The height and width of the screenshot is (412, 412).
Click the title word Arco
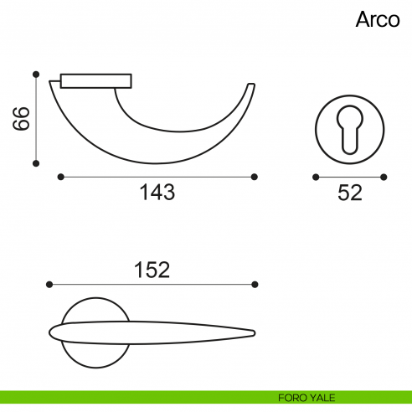(x=378, y=19)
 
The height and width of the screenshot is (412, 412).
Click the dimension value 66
(x=21, y=118)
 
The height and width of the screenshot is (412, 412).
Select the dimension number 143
(x=157, y=192)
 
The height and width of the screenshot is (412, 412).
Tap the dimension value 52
(x=350, y=193)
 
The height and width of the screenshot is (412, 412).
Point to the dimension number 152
(x=152, y=270)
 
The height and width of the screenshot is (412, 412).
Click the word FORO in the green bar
(x=291, y=398)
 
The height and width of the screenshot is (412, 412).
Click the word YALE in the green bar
(x=322, y=398)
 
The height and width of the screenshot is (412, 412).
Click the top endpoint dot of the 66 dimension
(x=36, y=75)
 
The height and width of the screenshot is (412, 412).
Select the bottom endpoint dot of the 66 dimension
(x=36, y=163)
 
